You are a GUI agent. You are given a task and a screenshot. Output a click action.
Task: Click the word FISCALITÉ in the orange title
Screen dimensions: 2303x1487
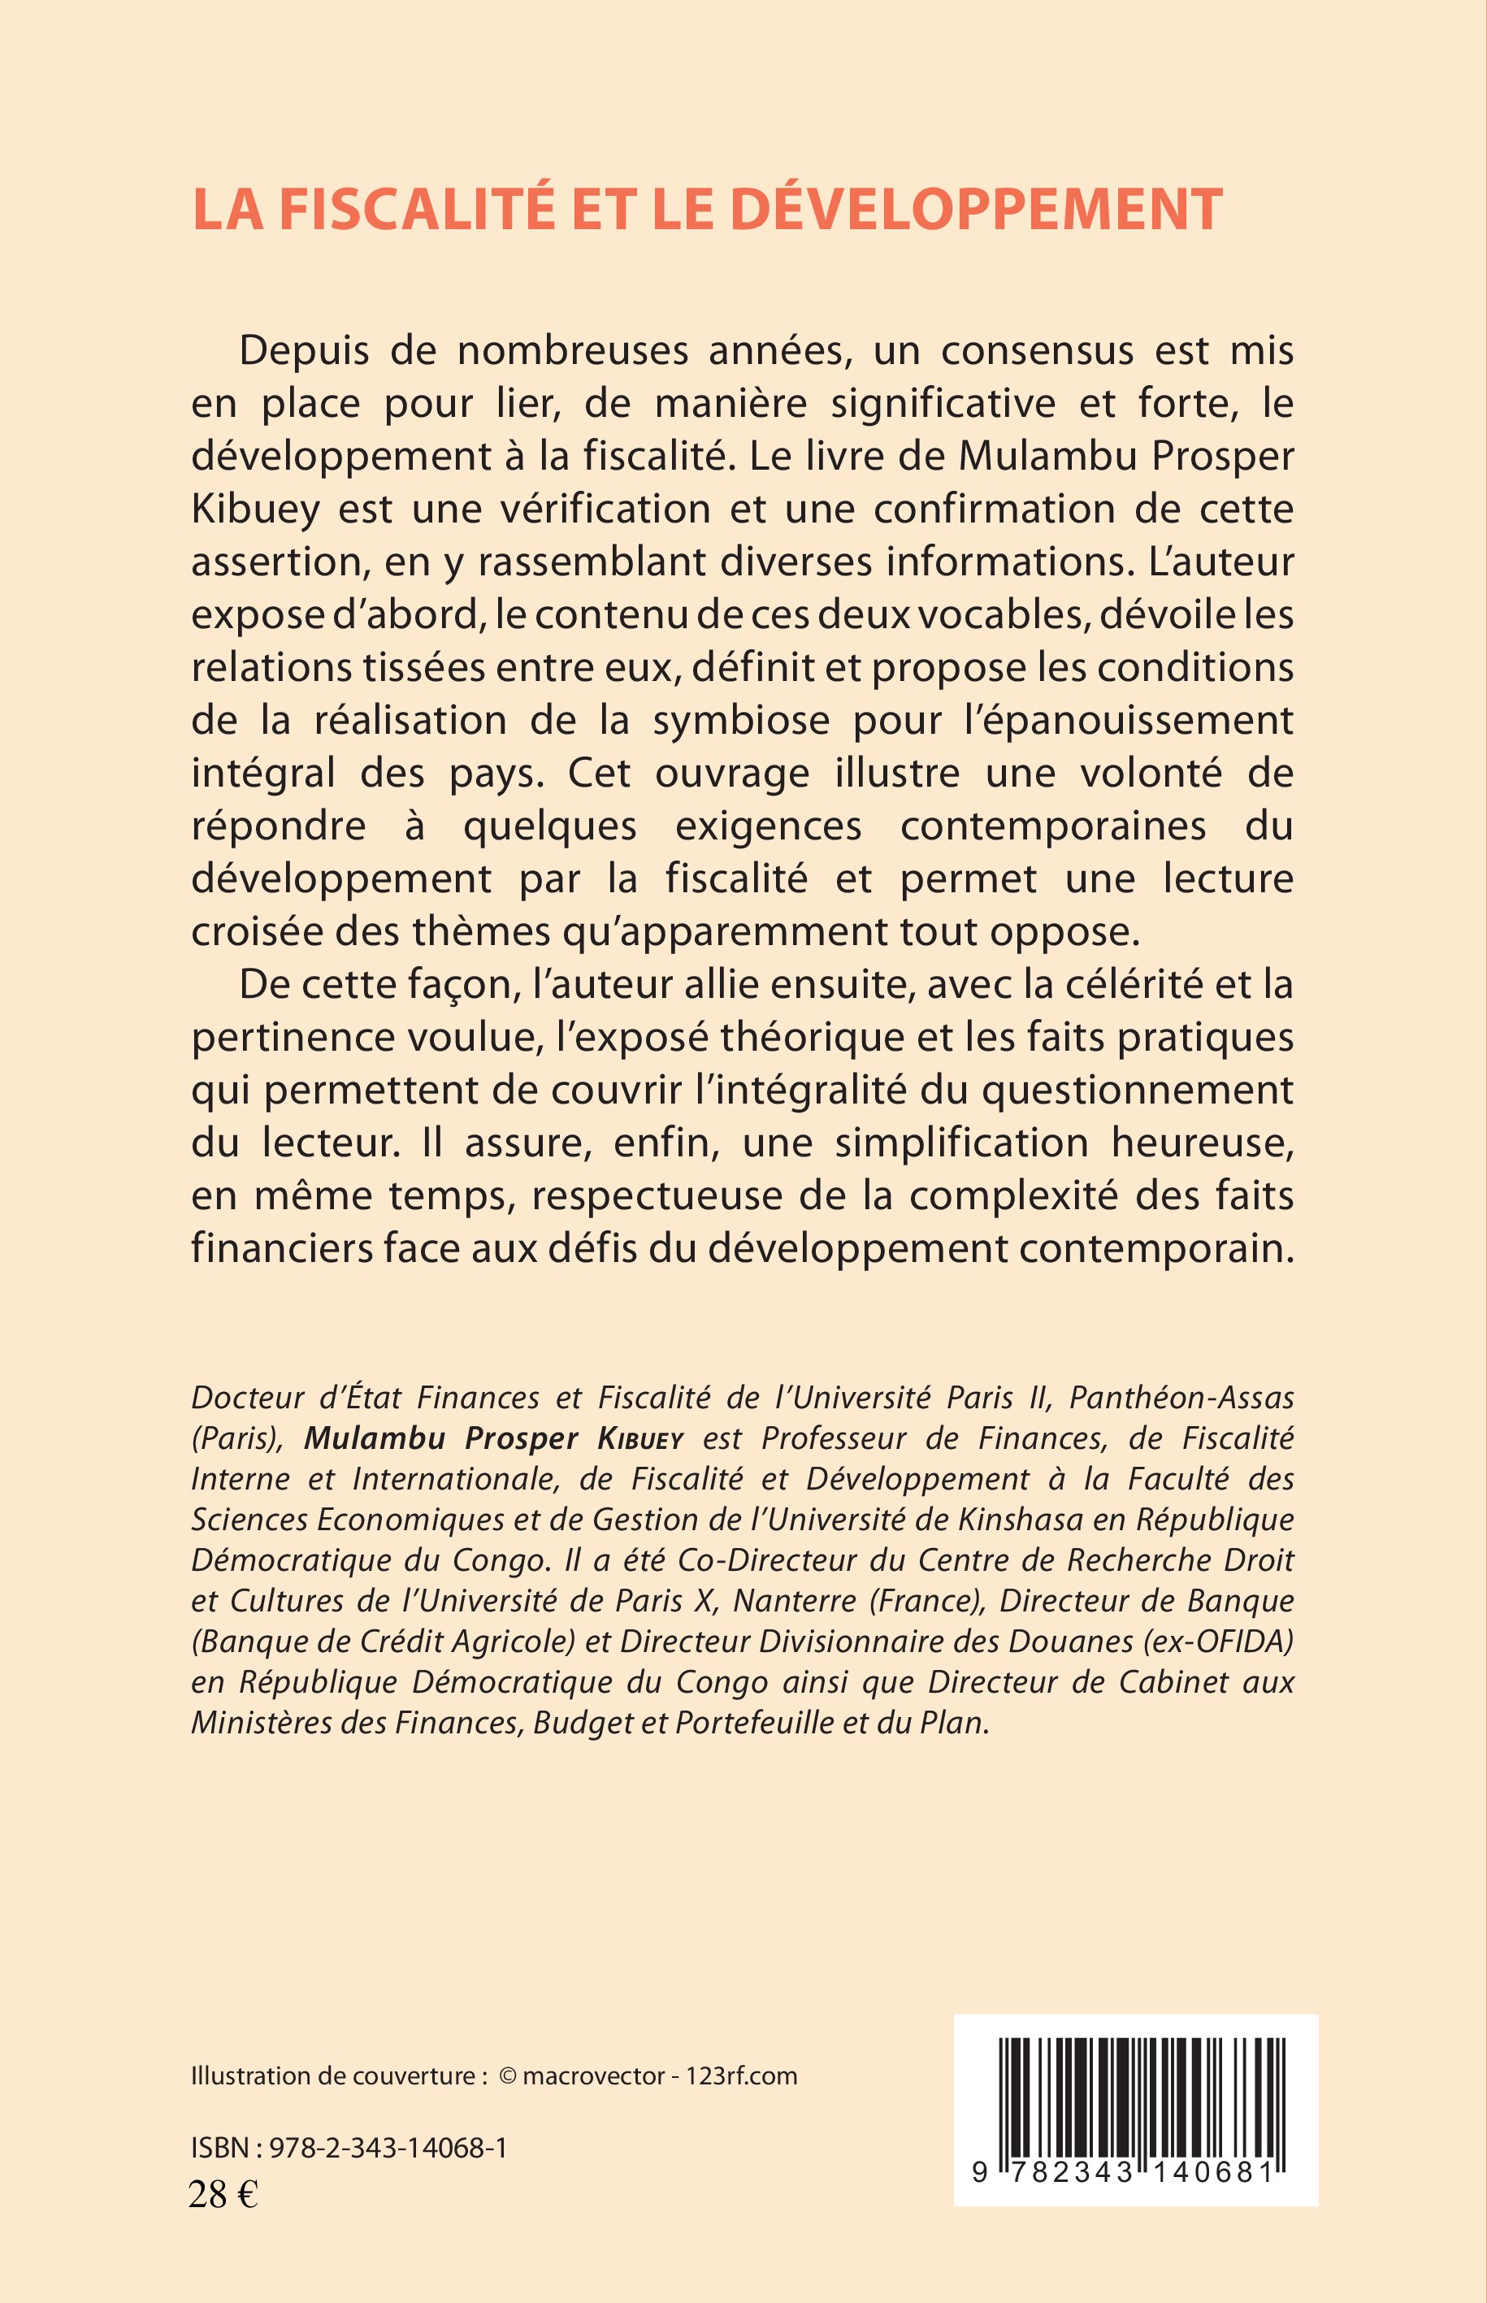tap(417, 210)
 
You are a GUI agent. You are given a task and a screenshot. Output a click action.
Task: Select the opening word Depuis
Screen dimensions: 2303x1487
tap(304, 352)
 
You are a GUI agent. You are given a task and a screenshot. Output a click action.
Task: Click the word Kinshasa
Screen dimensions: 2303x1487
tap(1020, 1520)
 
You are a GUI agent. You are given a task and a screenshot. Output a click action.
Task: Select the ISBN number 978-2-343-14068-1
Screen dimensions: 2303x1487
tap(388, 2149)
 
